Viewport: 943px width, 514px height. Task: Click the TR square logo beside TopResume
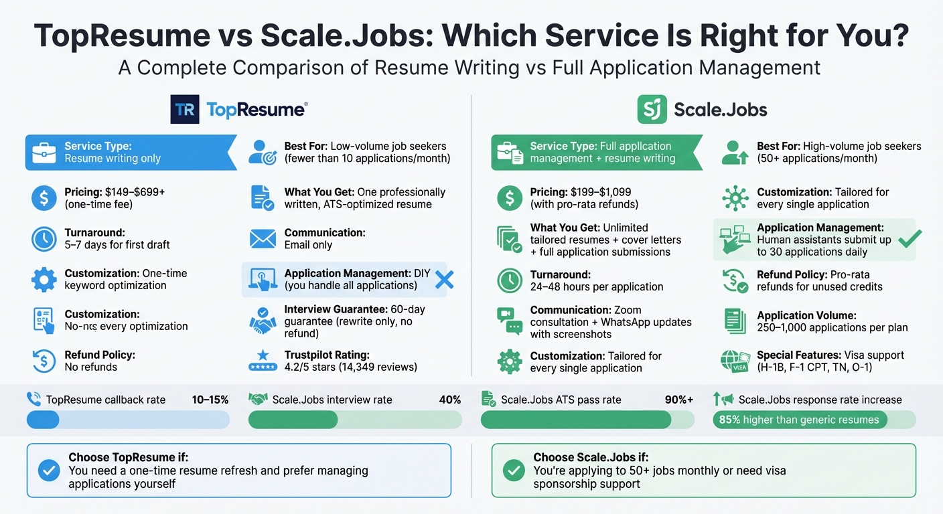pos(185,110)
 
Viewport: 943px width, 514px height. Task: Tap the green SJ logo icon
pos(652,110)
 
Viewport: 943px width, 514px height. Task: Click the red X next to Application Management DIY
pos(444,279)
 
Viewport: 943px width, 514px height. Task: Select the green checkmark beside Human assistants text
pos(909,239)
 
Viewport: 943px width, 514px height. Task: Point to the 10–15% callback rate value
pos(210,400)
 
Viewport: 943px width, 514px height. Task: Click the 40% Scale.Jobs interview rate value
pos(449,400)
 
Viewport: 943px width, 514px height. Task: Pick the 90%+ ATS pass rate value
pos(679,400)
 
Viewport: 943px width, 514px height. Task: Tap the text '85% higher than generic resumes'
pos(798,420)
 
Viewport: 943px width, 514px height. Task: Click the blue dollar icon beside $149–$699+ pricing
pos(44,198)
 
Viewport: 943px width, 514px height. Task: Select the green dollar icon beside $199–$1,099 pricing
pos(510,198)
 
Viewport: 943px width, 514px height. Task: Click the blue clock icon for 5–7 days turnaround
pos(44,239)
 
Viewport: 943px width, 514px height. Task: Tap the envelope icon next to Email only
pos(263,239)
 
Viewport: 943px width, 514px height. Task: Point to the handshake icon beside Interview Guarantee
pos(263,321)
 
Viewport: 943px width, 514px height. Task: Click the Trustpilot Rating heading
pos(327,355)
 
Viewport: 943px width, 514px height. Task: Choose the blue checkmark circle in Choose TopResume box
pos(48,470)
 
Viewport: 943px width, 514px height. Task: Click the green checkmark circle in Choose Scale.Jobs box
pos(514,470)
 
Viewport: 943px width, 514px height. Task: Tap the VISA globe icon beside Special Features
pos(735,361)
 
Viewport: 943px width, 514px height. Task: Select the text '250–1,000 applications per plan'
pos(832,327)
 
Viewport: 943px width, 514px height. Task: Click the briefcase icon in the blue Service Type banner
pos(44,153)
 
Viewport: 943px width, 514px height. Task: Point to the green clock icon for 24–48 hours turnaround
pos(510,280)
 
